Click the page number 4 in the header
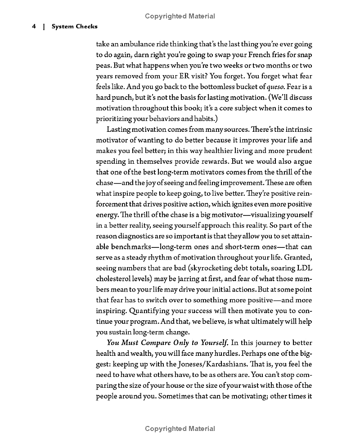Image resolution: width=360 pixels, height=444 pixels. (x=33, y=27)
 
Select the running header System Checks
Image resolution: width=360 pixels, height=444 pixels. (x=74, y=27)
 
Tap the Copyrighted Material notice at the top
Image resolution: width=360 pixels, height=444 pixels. (x=180, y=16)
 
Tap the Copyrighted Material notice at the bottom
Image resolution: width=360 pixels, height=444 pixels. (x=180, y=429)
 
